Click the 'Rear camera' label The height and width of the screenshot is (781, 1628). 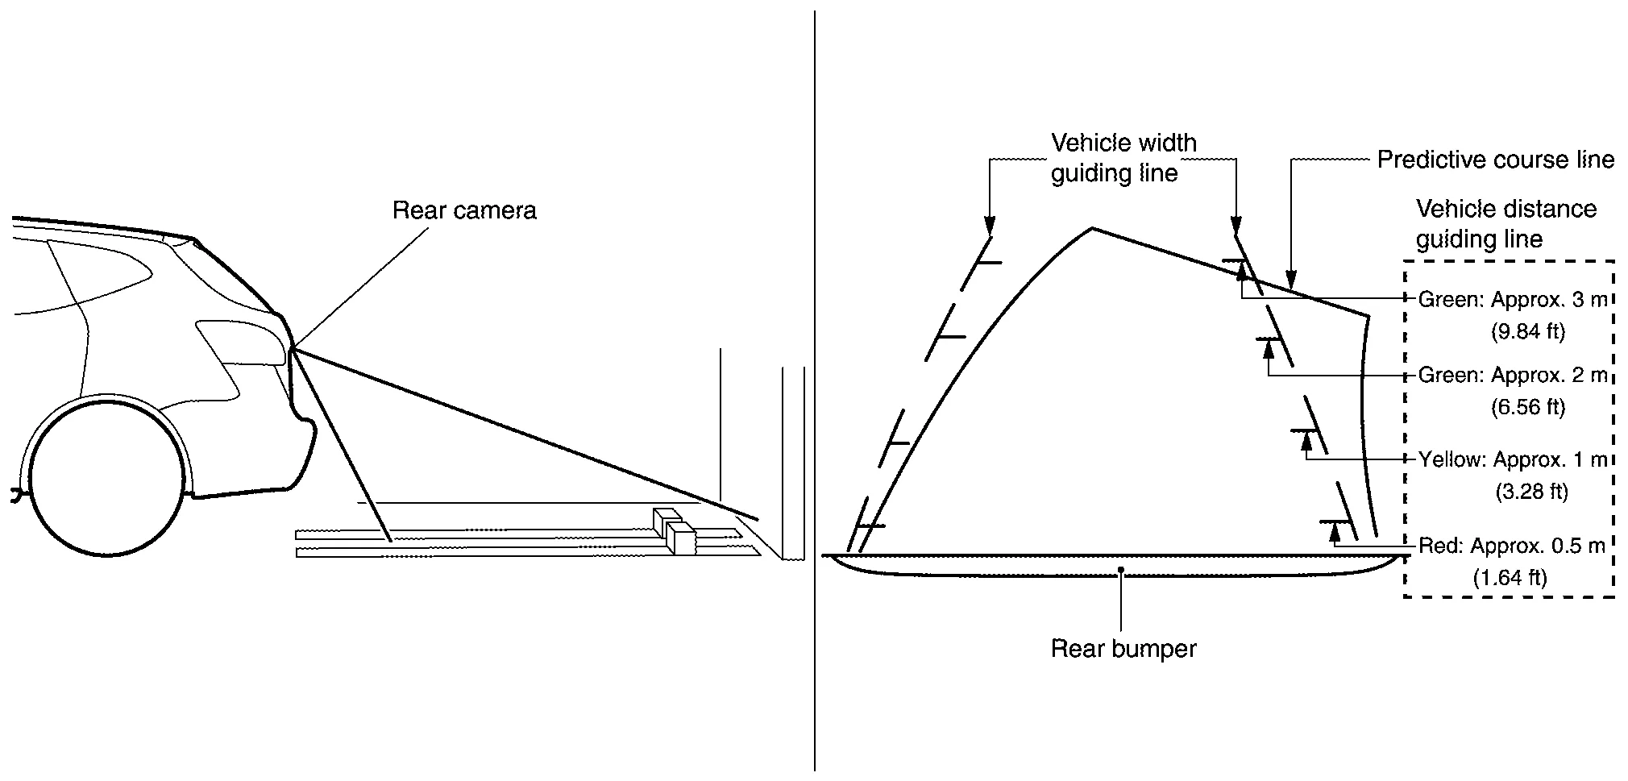point(464,210)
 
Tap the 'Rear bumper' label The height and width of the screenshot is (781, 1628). point(1123,648)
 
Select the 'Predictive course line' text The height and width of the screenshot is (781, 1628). point(1495,160)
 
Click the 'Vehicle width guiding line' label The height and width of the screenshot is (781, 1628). point(1123,158)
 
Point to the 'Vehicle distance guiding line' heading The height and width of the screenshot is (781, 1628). point(1505,224)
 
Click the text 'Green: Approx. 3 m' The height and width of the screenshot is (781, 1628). point(1512,300)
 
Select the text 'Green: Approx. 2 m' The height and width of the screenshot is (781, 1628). point(1512,375)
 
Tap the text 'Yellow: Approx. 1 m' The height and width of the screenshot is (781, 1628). point(1512,459)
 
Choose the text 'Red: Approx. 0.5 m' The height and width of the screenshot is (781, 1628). point(1511,546)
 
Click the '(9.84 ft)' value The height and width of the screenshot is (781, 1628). point(1527,331)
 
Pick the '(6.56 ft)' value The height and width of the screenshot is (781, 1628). point(1527,407)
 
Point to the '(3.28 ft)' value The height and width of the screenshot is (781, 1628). point(1531,491)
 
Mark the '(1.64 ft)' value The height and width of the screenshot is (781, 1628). point(1510,577)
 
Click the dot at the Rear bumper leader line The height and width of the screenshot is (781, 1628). point(1121,569)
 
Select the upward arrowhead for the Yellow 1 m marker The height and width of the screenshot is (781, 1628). point(1306,442)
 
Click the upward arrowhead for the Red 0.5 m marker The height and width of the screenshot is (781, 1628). point(1335,531)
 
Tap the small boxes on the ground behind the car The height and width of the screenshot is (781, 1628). point(675,530)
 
